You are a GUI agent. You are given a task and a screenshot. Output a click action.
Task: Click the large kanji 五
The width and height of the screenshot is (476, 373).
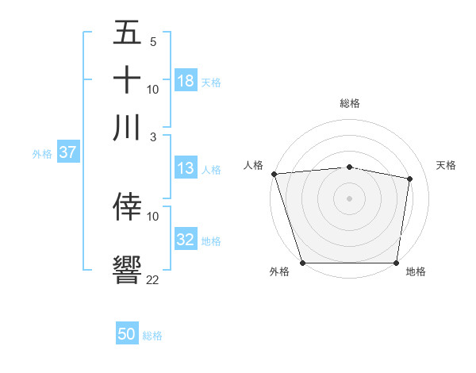127,33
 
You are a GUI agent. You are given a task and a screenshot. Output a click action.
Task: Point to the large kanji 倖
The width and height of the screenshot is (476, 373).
127,206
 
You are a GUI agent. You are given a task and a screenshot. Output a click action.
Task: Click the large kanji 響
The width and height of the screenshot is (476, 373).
127,269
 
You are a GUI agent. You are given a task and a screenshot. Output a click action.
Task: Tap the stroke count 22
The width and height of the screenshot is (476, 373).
153,279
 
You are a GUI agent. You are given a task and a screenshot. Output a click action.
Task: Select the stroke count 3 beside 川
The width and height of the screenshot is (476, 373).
153,137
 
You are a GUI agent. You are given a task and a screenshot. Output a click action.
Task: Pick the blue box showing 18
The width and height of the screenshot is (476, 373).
186,81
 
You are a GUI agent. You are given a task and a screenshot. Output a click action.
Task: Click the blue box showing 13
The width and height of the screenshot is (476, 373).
186,168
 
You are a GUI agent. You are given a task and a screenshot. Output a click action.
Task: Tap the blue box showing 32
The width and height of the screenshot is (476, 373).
186,240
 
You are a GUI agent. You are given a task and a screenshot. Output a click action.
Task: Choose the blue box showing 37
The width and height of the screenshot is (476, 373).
67,152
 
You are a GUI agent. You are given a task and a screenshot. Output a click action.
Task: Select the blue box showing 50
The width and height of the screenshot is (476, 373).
127,334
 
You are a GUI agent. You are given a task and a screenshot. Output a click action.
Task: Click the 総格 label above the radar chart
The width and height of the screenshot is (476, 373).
350,103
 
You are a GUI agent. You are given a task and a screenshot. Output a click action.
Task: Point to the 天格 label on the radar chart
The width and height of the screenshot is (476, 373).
447,165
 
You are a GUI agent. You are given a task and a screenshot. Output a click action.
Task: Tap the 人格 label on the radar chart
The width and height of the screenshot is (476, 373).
254,165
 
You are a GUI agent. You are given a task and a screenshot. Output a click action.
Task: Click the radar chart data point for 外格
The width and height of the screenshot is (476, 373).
302,263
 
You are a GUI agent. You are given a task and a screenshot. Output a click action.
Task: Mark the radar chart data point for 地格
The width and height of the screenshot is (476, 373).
397,263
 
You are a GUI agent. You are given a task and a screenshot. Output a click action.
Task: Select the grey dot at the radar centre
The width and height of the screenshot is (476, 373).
350,198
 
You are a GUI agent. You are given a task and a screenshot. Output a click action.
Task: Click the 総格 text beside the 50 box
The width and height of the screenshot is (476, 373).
152,336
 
